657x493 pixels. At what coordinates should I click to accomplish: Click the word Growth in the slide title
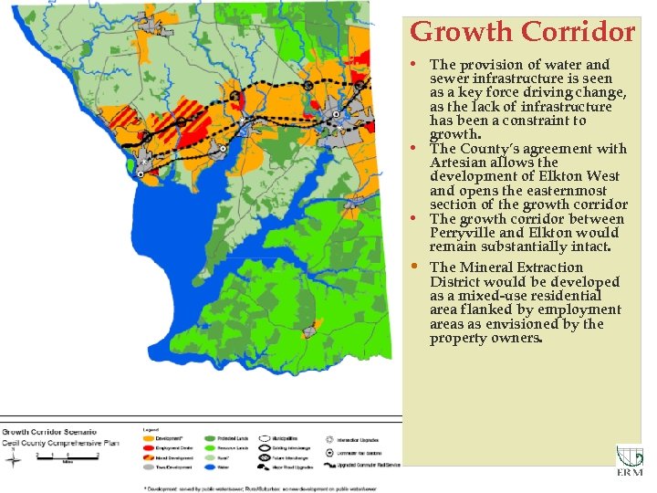click(462, 32)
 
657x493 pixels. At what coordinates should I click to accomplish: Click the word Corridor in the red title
click(577, 32)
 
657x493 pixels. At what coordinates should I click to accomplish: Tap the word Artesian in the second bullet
click(461, 163)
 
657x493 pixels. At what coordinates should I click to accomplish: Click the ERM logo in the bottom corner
click(629, 462)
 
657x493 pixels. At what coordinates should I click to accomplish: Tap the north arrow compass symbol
click(12, 460)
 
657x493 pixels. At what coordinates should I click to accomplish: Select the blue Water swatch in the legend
click(210, 467)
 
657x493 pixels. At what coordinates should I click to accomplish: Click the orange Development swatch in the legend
click(149, 438)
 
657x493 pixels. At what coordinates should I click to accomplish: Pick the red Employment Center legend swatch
click(149, 447)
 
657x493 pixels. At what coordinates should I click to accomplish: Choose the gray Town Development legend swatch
click(149, 467)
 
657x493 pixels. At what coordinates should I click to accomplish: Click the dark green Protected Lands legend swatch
click(210, 438)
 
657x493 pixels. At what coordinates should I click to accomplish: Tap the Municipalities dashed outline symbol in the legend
click(271, 438)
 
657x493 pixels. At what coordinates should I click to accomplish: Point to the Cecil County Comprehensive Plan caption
click(60, 442)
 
